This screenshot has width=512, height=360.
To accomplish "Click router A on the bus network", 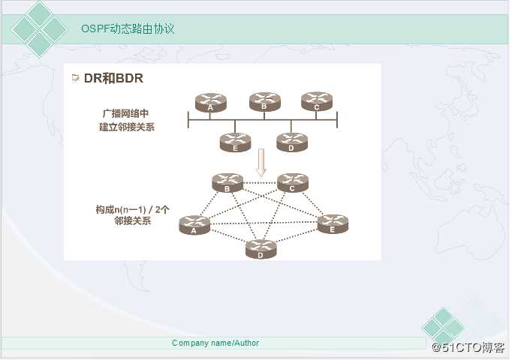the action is [211, 103].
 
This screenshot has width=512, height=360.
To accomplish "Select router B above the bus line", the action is [264, 102].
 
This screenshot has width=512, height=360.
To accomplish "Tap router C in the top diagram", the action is [317, 101].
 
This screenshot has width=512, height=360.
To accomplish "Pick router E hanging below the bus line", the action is [236, 142].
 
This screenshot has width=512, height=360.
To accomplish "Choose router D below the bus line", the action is [292, 142].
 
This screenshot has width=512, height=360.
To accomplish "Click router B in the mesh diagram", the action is [227, 182].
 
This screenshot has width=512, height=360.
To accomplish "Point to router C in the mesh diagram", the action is [293, 182].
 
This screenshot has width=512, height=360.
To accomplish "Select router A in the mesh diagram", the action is [194, 225].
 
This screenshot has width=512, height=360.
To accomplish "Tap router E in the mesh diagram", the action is [333, 224].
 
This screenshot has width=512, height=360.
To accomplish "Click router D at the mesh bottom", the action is [261, 249].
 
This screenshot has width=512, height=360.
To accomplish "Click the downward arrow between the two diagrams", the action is [261, 163].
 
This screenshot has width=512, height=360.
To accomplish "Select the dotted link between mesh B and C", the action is [261, 183].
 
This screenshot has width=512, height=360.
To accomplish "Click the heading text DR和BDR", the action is [113, 78].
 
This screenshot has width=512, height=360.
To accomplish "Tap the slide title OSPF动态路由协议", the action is [128, 28].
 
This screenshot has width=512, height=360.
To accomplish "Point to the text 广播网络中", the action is [125, 113].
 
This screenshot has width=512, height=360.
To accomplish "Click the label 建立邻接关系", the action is [127, 127].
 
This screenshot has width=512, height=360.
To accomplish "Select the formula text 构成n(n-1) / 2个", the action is [132, 209].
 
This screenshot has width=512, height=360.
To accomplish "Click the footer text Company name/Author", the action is [215, 343].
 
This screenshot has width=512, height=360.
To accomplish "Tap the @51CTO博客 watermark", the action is [468, 347].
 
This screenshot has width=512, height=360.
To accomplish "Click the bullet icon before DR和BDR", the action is [75, 78].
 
